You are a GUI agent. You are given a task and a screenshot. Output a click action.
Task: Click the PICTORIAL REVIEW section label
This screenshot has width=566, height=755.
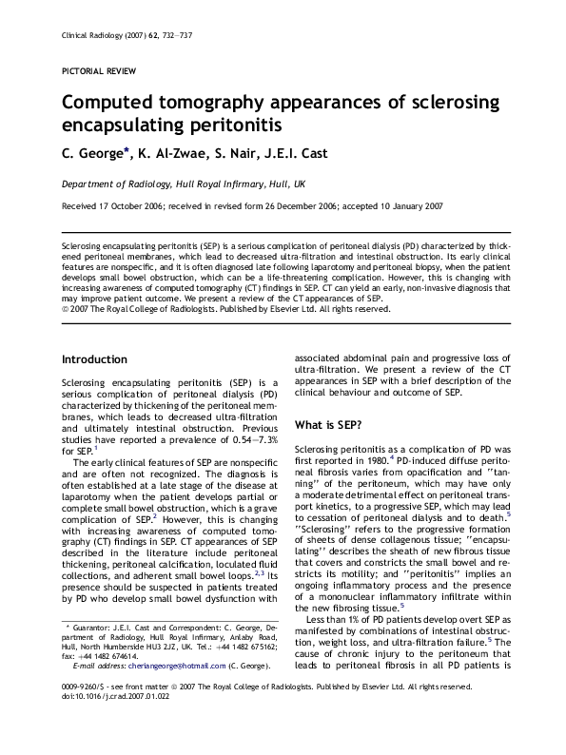[x=98, y=71]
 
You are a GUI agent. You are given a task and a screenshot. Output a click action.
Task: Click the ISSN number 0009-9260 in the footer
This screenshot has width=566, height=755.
[x=82, y=713]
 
